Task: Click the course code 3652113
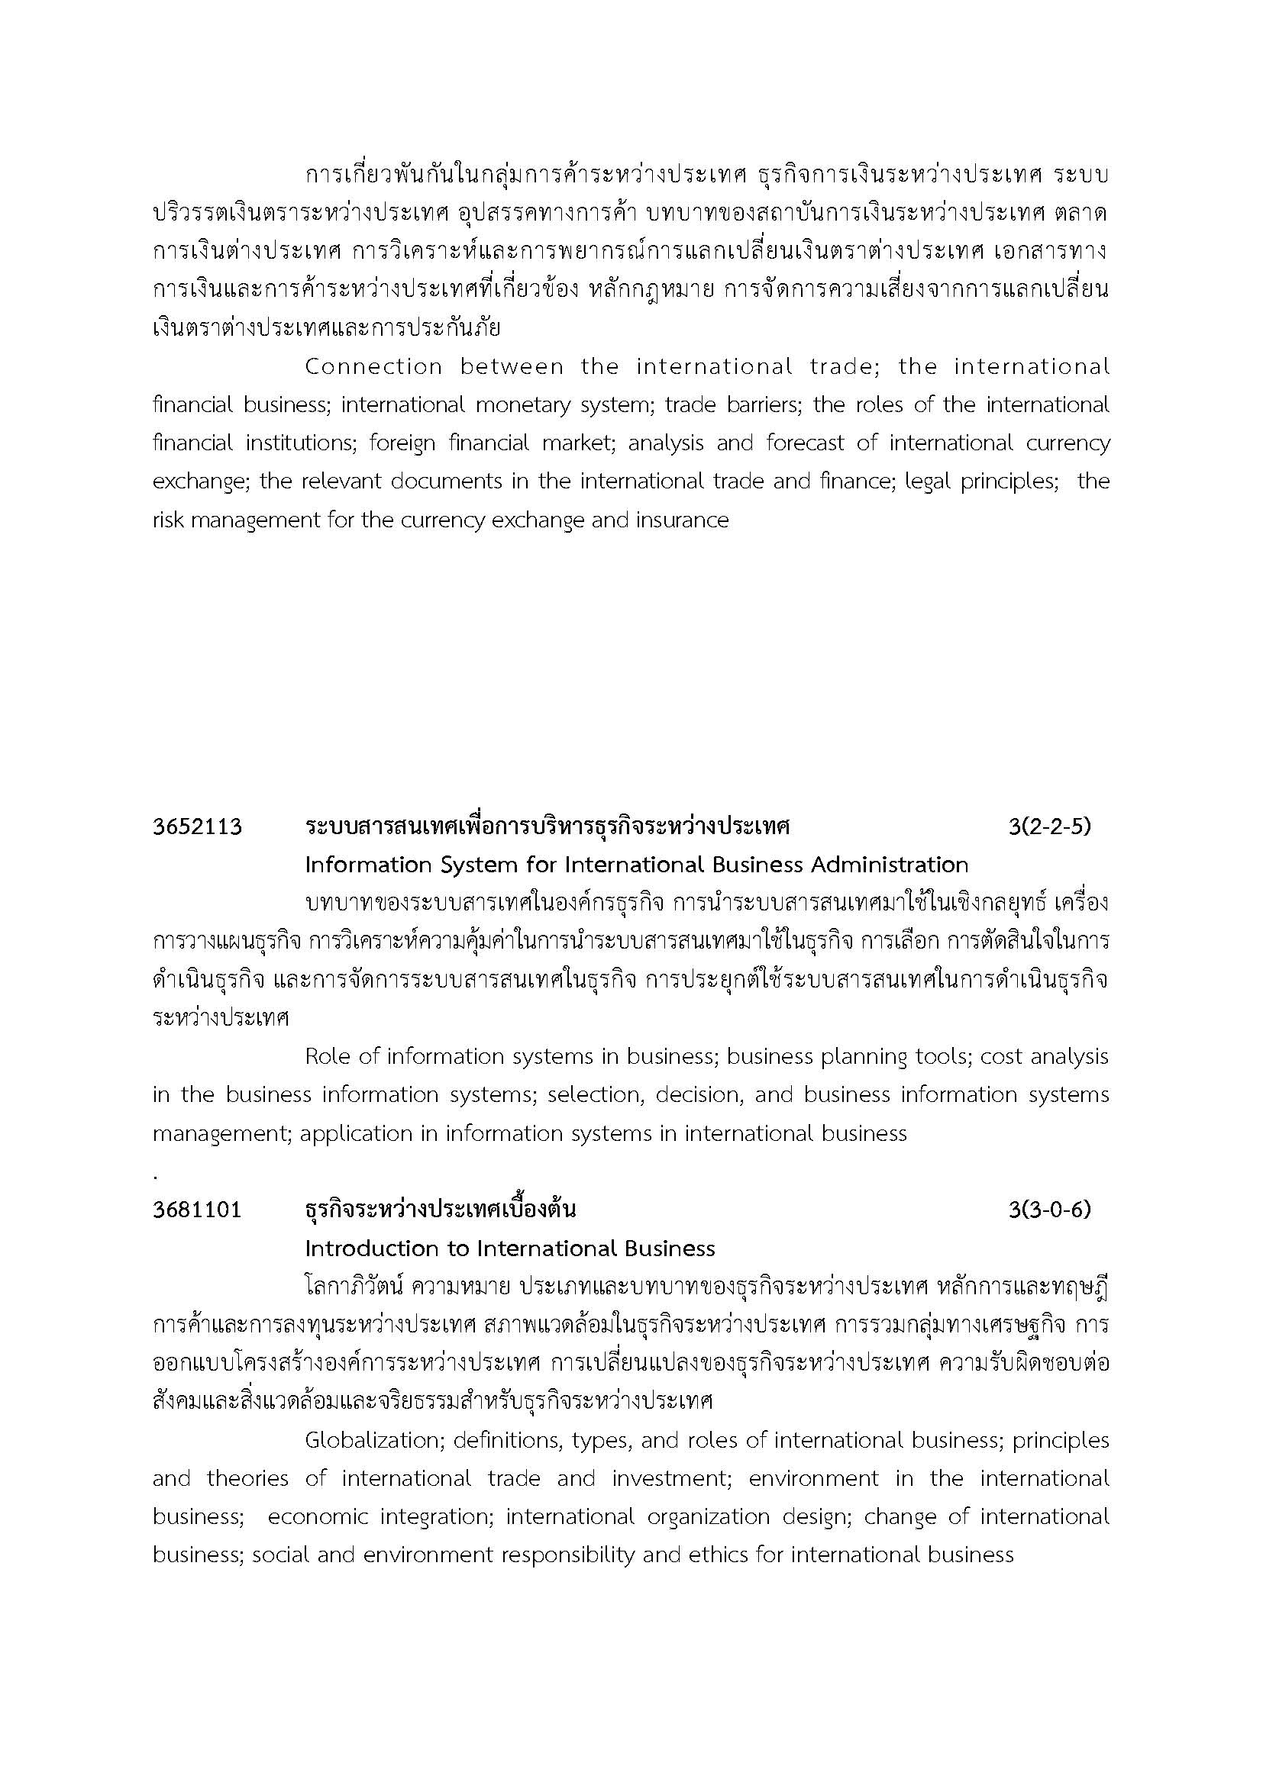[197, 827]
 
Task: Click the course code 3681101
[197, 1210]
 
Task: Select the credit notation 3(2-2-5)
[1049, 826]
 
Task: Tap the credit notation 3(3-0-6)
[1049, 1210]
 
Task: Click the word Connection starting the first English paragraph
[373, 367]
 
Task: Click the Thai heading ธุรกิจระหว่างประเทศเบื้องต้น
[440, 1210]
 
